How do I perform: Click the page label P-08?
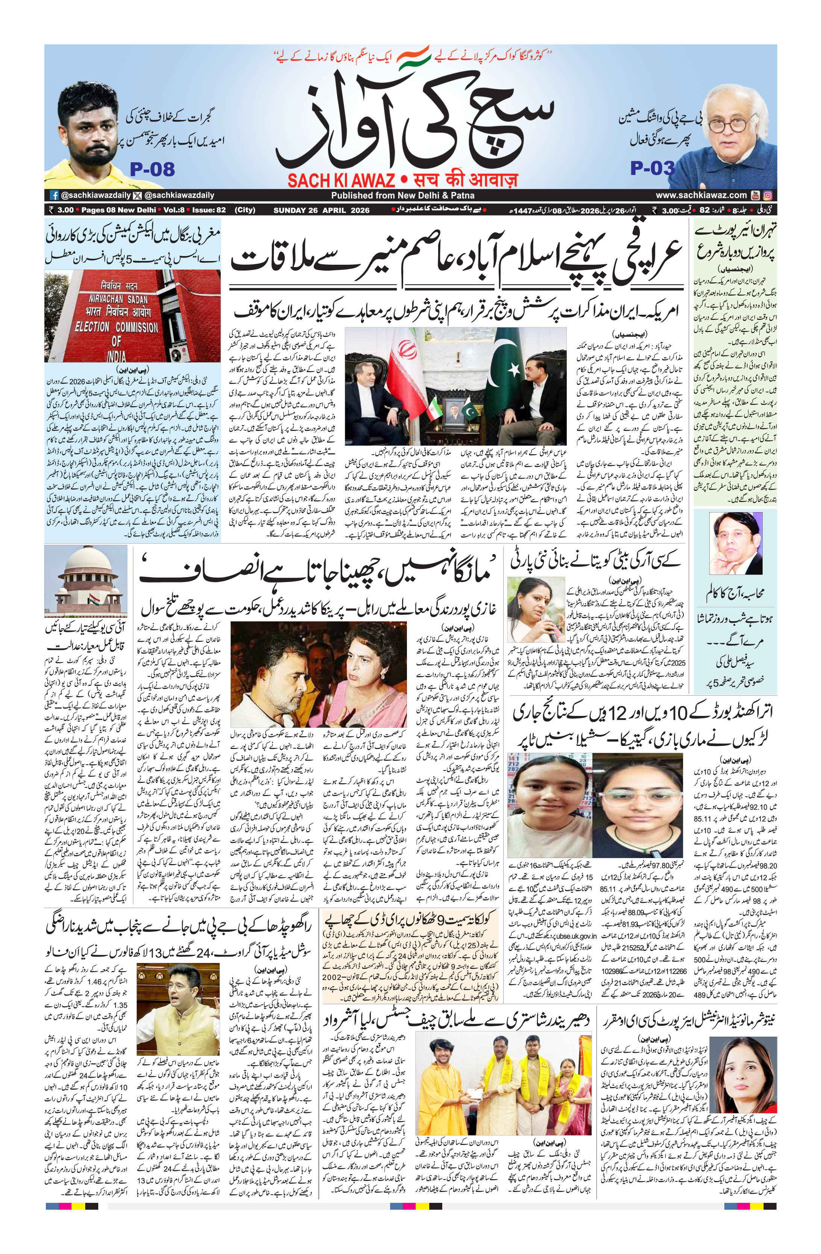pos(152,169)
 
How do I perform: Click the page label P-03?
pos(653,168)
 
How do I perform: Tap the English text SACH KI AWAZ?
pos(341,181)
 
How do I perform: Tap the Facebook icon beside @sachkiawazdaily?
pos(54,195)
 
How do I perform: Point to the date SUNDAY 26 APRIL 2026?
pos(322,210)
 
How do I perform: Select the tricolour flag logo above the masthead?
pos(414,58)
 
